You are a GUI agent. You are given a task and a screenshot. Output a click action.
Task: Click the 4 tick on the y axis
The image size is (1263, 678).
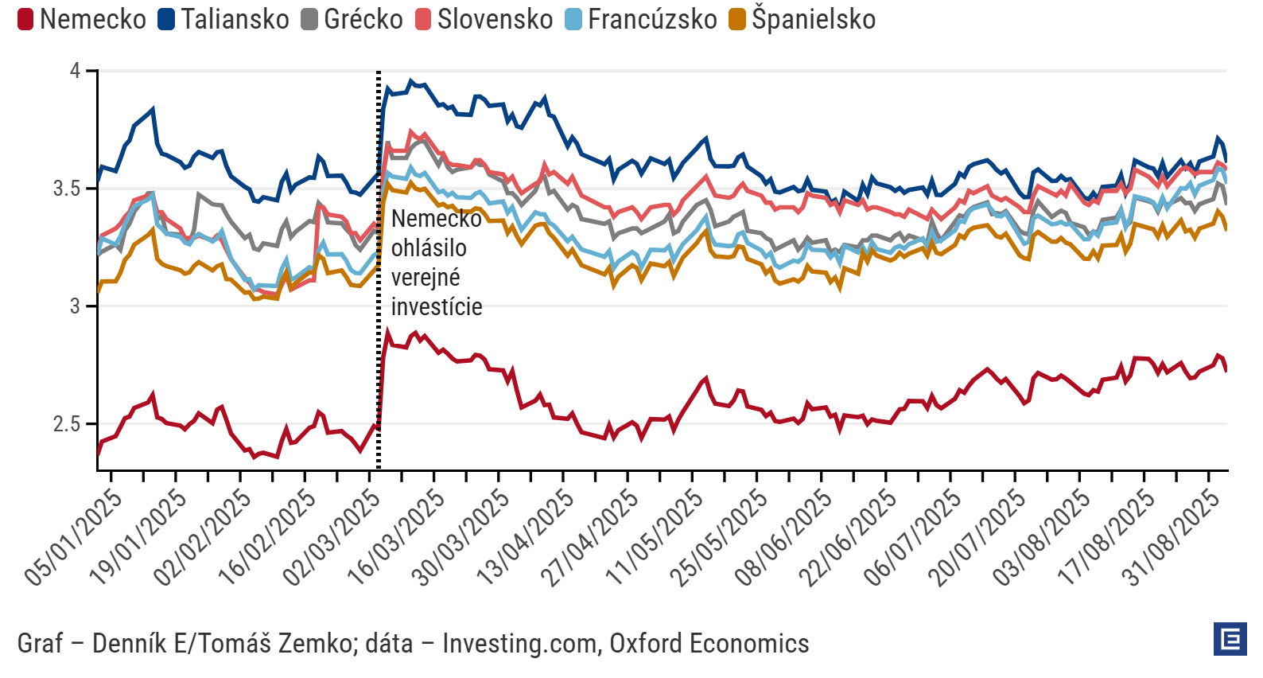click(76, 71)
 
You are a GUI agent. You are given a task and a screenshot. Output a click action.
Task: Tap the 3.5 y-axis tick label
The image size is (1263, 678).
click(68, 189)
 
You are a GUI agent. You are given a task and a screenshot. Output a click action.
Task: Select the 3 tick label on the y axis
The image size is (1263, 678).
click(76, 306)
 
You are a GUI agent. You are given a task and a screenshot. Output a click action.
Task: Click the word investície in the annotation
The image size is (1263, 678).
click(437, 307)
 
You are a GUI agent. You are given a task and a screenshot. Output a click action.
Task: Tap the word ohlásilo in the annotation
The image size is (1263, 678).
click(429, 248)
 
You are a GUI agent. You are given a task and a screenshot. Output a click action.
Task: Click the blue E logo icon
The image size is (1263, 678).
click(1230, 639)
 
